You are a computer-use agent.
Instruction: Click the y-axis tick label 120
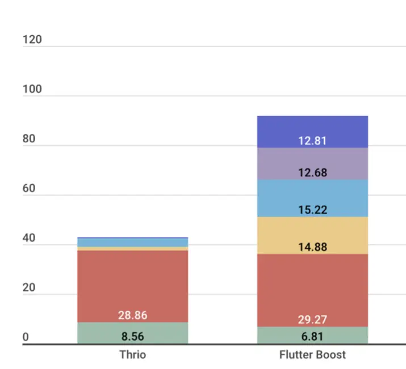pos(32,40)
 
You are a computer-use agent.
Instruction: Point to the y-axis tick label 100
pos(32,90)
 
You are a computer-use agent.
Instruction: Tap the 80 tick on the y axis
pos(28,139)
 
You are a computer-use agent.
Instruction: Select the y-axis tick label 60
pos(28,188)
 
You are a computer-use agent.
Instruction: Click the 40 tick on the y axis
pos(28,238)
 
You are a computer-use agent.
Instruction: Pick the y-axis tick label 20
pos(28,287)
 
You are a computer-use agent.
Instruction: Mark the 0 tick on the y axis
pos(26,337)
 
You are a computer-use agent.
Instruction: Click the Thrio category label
pos(132,355)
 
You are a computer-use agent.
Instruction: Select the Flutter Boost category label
pos(312,355)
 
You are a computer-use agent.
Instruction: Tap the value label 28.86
pos(132,315)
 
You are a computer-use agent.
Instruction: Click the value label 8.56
pos(132,337)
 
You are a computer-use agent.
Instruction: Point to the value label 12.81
pos(312,141)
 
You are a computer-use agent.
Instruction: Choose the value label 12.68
pos(312,172)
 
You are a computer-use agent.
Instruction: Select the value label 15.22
pos(312,210)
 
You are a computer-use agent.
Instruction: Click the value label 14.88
pos(312,247)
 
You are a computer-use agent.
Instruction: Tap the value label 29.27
pos(312,320)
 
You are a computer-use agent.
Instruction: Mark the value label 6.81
pos(312,337)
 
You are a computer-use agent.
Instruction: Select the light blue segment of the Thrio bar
pos(132,243)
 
